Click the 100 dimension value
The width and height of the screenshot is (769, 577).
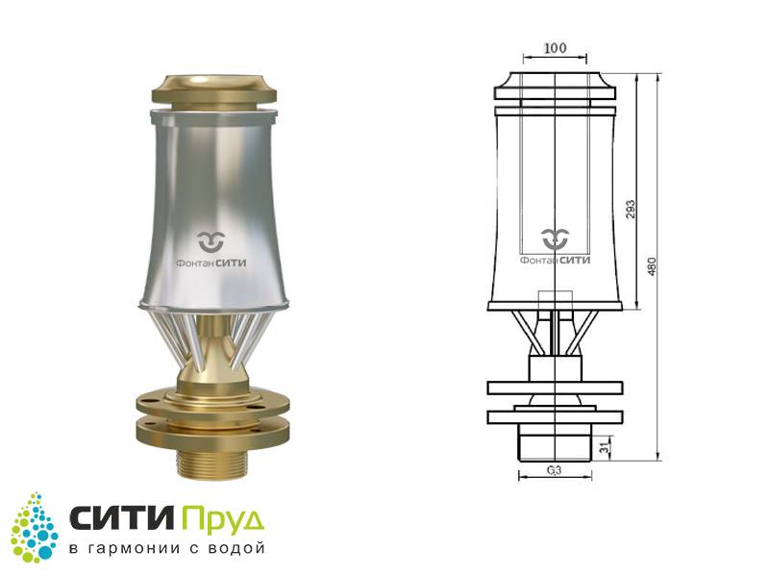[x=555, y=47]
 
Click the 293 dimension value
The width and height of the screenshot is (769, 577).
[x=631, y=209]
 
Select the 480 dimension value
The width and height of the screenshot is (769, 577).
[x=652, y=266]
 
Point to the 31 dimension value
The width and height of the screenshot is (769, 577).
[x=605, y=447]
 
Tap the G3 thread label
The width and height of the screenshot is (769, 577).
[x=554, y=470]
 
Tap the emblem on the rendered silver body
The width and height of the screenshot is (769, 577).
[x=211, y=241]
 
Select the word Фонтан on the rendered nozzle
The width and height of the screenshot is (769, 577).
[x=195, y=263]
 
